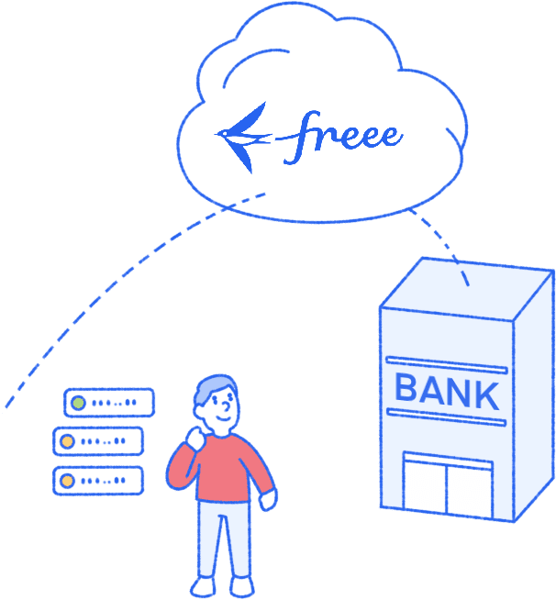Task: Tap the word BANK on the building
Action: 447,393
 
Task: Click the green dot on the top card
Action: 79,402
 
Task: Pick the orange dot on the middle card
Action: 67,441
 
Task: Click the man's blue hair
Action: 213,388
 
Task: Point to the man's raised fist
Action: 194,441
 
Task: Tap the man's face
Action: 221,410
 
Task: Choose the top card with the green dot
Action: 109,402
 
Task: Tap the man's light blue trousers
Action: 223,541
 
